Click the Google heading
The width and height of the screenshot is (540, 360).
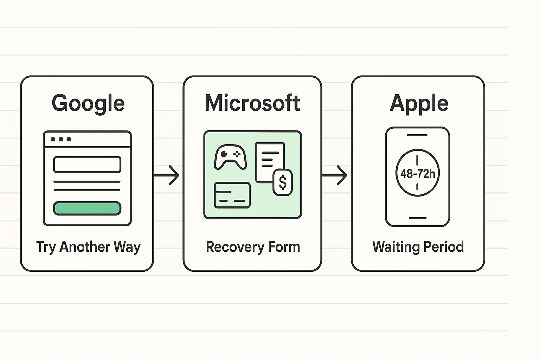coord(88,103)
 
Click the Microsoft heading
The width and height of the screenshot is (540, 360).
coord(252,103)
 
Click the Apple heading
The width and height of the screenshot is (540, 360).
coord(419,104)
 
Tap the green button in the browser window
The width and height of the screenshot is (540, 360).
coord(87,208)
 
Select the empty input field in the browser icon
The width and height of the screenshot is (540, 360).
coord(87,165)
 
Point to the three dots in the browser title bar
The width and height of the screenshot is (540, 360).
coord(61,139)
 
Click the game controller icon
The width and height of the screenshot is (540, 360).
coord(230,157)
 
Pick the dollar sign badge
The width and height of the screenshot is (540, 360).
coord(283,182)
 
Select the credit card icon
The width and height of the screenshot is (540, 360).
coord(232,195)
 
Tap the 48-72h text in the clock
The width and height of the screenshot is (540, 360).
coord(418,174)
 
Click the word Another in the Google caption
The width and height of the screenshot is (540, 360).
coord(85,246)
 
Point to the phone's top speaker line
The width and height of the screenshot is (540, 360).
coord(417,135)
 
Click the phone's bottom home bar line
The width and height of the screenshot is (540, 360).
coord(417,218)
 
